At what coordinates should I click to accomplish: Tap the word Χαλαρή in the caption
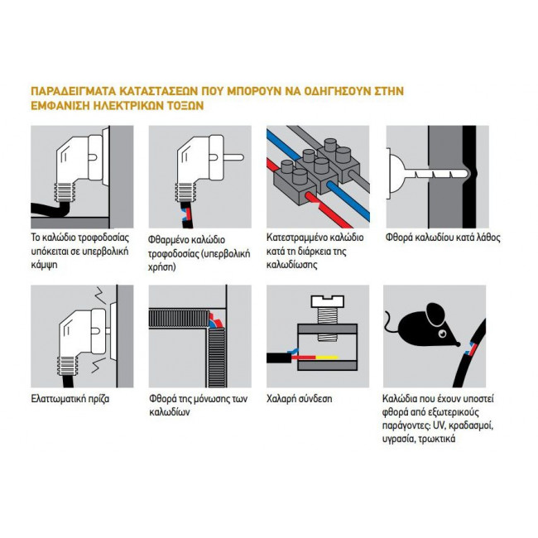pos(282,398)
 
